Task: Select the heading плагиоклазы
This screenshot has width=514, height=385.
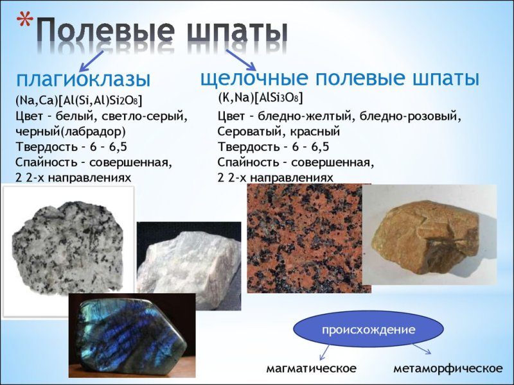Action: coord(83,80)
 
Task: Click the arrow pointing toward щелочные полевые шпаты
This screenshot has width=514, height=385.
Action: coord(240,60)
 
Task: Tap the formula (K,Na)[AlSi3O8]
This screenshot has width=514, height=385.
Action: coord(260,98)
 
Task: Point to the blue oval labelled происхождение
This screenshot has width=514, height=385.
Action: coord(368,329)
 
